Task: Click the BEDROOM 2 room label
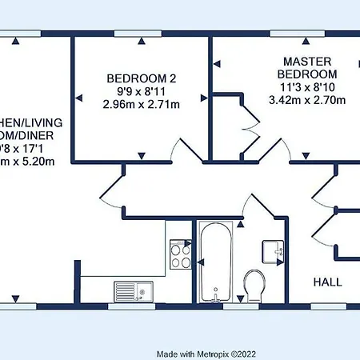click(142, 78)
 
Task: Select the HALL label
click(328, 282)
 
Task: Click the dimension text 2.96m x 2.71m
click(142, 103)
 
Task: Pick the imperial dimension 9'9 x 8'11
click(142, 90)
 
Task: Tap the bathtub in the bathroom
click(217, 261)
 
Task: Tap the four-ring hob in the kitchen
click(180, 257)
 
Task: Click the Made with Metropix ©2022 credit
click(206, 352)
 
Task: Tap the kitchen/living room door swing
click(112, 192)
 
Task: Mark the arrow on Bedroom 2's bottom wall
click(142, 154)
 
